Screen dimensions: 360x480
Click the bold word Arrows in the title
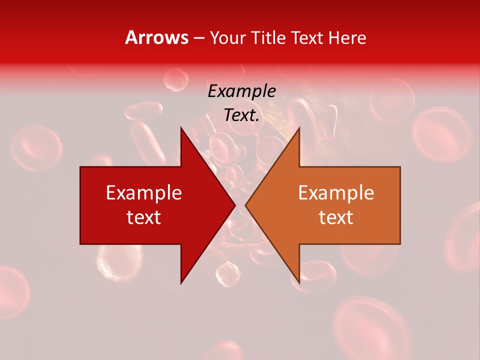tap(157, 37)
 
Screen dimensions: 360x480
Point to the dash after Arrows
tap(198, 38)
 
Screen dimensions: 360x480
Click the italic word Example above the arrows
tap(241, 91)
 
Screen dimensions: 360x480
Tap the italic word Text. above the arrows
tap(241, 115)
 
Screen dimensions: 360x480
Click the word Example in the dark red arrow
tap(144, 193)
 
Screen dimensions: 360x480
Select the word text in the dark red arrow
tap(144, 217)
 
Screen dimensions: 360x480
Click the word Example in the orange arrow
tap(336, 193)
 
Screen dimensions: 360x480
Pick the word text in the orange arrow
tap(336, 217)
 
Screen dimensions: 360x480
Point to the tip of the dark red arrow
tap(234, 205)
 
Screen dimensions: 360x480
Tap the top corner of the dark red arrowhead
tap(181, 128)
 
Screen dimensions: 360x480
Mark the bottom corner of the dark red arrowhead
tap(181, 282)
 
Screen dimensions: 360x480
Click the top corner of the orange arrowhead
tap(299, 128)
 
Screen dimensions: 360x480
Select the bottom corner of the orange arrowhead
tap(299, 282)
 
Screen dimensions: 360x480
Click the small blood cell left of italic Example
tap(176, 78)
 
